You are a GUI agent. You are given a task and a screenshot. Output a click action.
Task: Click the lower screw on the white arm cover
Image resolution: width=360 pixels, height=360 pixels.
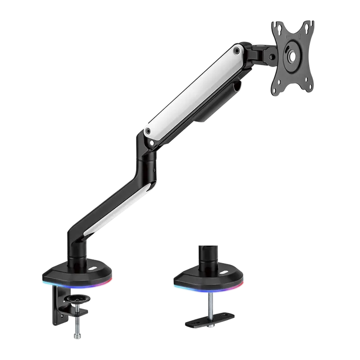tap(147, 131)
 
